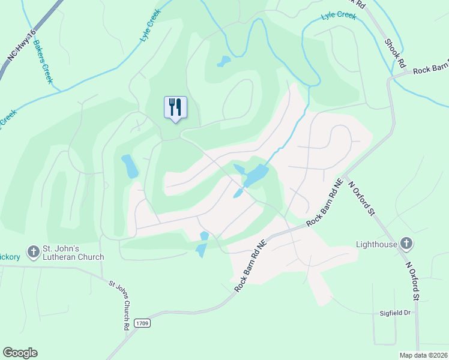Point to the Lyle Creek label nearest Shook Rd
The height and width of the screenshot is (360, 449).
[338, 15]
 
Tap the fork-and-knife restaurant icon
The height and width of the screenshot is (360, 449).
[175, 107]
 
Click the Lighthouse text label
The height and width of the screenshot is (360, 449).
[376, 244]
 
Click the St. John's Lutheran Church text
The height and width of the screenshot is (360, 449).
[73, 253]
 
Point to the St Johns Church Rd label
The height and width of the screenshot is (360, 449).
[119, 305]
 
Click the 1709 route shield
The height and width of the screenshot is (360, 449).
[142, 323]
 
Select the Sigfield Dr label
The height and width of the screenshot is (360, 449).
[394, 313]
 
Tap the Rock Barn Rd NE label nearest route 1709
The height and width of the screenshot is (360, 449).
[250, 266]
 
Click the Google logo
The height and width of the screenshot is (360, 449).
[20, 353]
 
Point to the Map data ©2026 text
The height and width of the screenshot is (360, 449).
[423, 355]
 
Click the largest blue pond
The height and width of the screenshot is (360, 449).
[256, 176]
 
